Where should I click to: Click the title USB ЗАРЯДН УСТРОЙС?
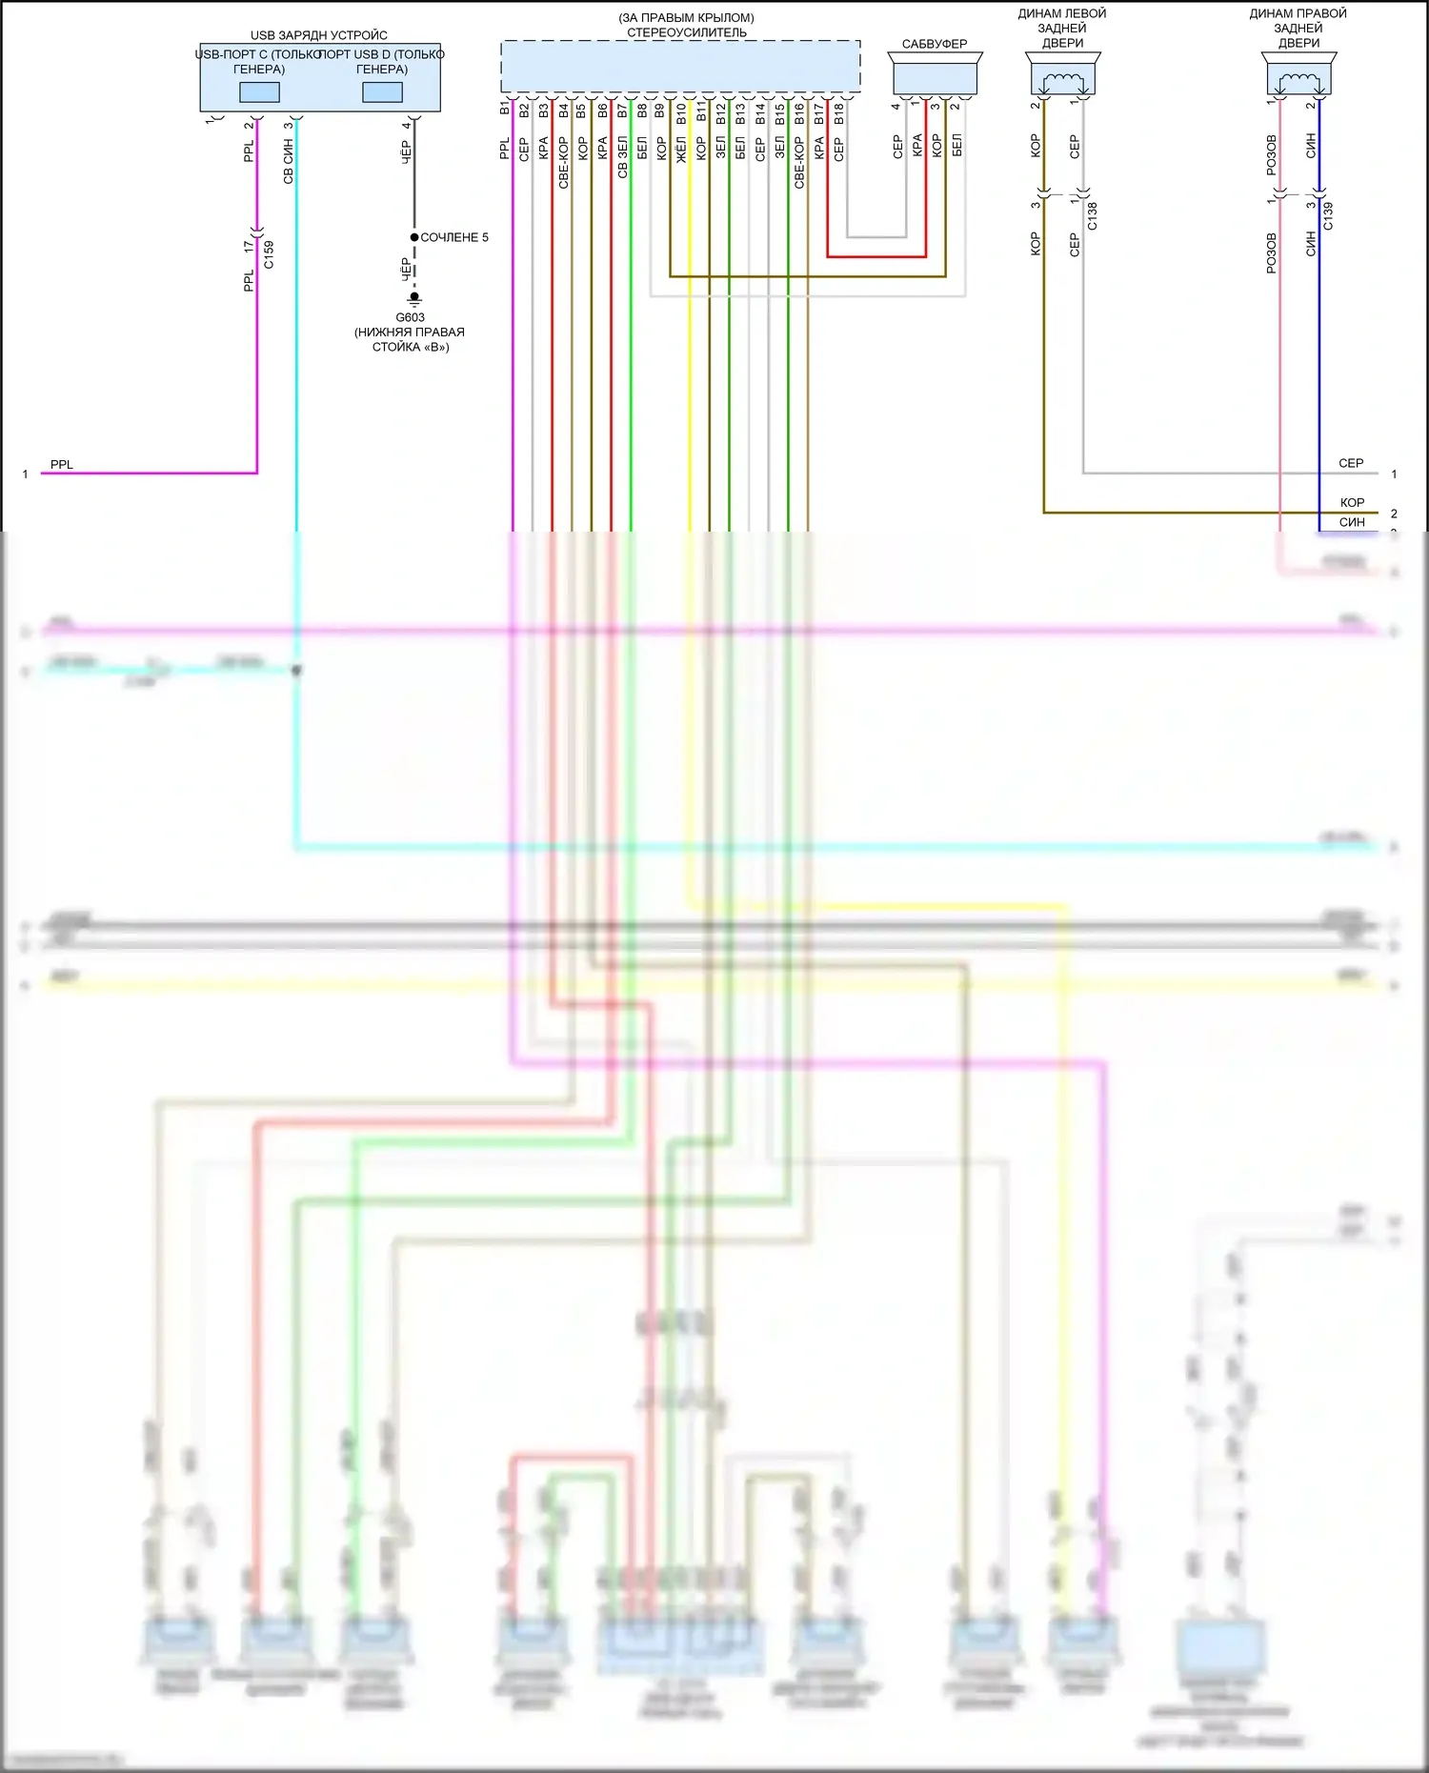[x=318, y=35]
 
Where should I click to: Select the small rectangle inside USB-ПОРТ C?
[x=259, y=92]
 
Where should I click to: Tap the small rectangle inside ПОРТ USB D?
[x=382, y=92]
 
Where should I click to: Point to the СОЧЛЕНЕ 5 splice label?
[x=454, y=237]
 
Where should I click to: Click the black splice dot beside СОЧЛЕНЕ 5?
[x=414, y=237]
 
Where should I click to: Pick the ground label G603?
[x=410, y=317]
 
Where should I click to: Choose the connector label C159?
[x=269, y=254]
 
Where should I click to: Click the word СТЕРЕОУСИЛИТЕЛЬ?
[x=686, y=32]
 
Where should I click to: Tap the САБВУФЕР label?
[x=934, y=44]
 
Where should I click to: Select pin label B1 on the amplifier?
[x=505, y=109]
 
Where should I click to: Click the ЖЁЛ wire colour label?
[x=681, y=149]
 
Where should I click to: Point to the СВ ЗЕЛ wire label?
[x=622, y=156]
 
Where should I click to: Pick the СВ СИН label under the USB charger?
[x=288, y=161]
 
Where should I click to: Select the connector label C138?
[x=1093, y=216]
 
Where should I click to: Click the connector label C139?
[x=1328, y=216]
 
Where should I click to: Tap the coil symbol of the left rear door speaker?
[x=1062, y=81]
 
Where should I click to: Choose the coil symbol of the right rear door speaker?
[x=1298, y=81]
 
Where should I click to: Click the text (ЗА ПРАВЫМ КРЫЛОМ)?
[x=686, y=18]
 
